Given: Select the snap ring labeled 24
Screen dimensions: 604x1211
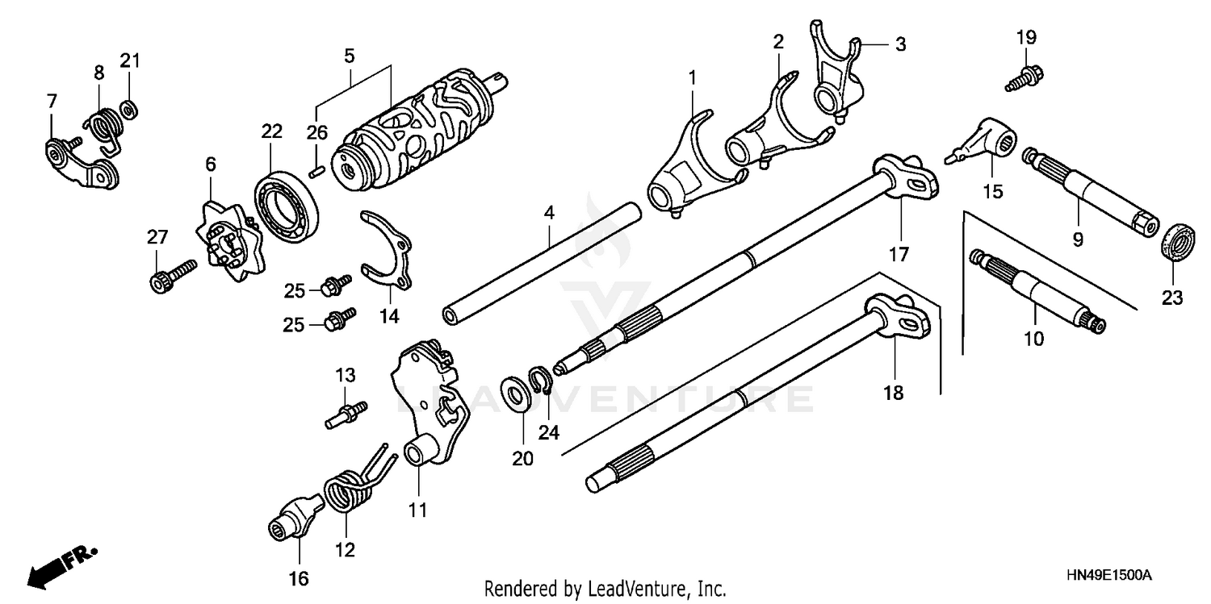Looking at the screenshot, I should pyautogui.click(x=539, y=379).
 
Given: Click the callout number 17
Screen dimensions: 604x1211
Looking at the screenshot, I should pyautogui.click(x=899, y=255).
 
